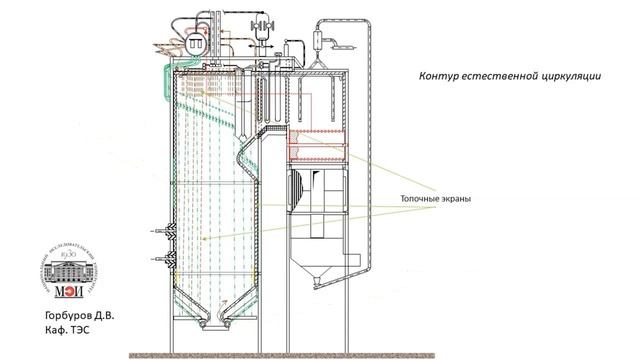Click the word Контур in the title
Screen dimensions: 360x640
(438, 77)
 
